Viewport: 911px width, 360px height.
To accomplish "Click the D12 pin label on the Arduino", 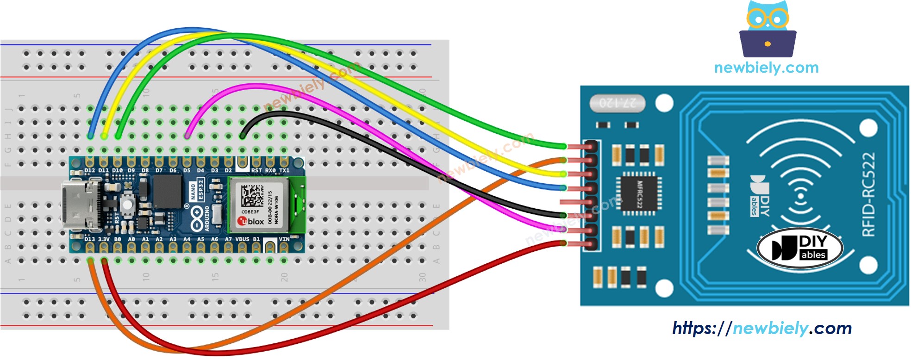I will click(x=90, y=171).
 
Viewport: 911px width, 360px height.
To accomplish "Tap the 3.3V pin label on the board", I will click(x=104, y=239).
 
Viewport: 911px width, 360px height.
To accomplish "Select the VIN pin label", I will click(x=284, y=239).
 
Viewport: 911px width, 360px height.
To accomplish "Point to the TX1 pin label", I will click(x=284, y=171).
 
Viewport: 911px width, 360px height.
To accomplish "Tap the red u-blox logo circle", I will click(x=243, y=221).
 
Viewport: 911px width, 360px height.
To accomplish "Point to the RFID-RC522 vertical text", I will click(x=869, y=194).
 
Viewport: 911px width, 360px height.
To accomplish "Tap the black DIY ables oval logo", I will click(x=799, y=248).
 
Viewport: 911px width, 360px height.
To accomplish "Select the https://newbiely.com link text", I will click(x=761, y=329).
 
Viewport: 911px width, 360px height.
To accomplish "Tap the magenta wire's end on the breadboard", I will click(x=187, y=136).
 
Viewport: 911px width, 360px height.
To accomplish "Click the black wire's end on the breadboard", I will click(x=242, y=136).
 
